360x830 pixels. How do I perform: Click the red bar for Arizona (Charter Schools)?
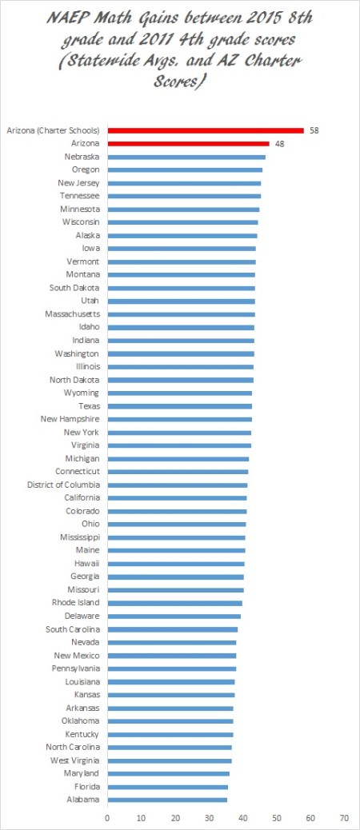pos(206,130)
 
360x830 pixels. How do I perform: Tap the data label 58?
pos(314,130)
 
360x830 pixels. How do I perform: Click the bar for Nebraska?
pos(186,157)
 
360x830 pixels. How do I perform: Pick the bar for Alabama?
pos(167,800)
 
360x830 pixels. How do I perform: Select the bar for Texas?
pos(179,406)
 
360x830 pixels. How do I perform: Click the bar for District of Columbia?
pos(177,485)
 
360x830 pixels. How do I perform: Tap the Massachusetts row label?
pos(72,314)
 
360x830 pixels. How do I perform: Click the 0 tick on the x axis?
pos(107,818)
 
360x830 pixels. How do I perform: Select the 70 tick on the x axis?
pos(344,818)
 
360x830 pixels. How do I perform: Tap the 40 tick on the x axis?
pos(242,818)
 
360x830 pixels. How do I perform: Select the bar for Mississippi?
pos(176,537)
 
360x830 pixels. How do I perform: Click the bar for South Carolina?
pos(172,629)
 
